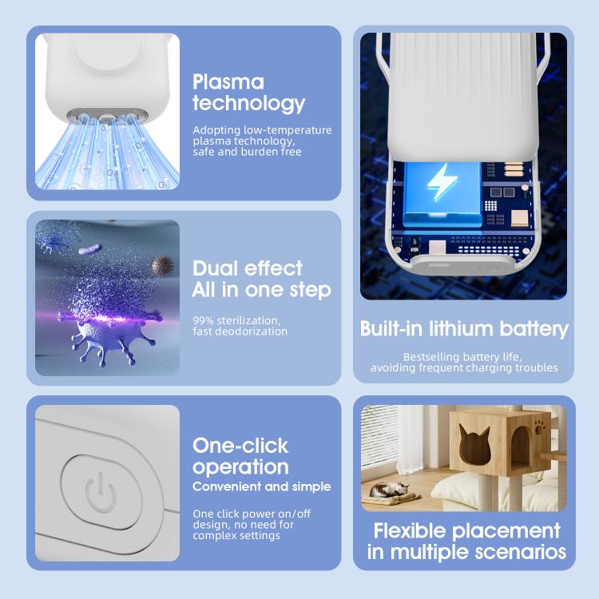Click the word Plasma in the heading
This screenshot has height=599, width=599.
[228, 81]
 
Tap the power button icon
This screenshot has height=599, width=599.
[100, 493]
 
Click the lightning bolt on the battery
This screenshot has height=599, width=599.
[442, 183]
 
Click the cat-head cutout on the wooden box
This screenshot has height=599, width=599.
[474, 443]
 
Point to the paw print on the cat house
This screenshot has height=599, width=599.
[539, 428]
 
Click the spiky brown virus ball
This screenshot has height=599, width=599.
[162, 265]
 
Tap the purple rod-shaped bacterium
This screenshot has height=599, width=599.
[90, 249]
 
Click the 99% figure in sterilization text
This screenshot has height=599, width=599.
[203, 320]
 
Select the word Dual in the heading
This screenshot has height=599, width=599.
[215, 268]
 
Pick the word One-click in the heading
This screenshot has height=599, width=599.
[240, 446]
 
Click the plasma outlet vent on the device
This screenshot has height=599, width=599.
[107, 114]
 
